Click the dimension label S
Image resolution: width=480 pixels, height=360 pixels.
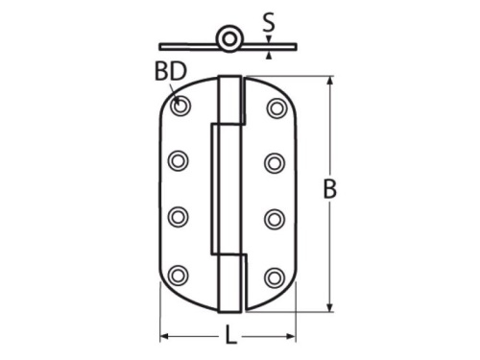point(269,22)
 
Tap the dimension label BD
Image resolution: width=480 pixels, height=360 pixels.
point(171,71)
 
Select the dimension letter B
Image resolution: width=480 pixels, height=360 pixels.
point(330,189)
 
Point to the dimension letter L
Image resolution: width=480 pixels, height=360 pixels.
point(230,335)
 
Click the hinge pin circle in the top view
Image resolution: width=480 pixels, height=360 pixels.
point(229,39)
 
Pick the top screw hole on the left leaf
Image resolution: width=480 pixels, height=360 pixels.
point(180,106)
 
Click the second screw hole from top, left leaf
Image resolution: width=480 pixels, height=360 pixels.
point(178,160)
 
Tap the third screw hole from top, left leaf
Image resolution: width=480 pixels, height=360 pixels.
point(178,217)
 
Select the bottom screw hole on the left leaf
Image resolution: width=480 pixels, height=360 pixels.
point(178,276)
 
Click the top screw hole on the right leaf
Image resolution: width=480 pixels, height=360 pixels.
point(276,108)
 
